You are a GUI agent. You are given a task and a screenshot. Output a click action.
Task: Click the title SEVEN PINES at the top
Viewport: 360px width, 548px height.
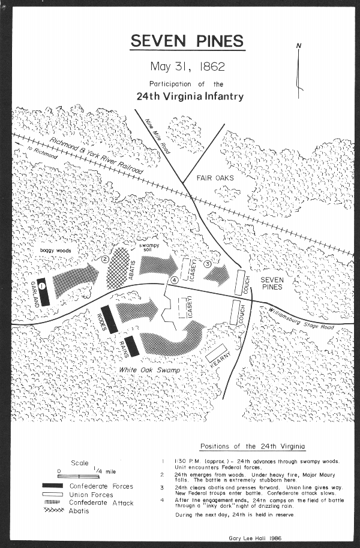(187, 41)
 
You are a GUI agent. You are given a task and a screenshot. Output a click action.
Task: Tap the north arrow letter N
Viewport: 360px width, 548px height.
(299, 46)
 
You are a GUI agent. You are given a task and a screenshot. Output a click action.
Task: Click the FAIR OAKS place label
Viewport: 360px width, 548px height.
(215, 178)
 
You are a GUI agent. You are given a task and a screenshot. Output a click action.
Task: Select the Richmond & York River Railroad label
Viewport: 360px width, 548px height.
(96, 156)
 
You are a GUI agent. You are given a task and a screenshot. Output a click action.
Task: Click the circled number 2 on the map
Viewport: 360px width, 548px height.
(104, 260)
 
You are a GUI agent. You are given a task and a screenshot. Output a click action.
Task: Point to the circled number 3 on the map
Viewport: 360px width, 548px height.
(208, 264)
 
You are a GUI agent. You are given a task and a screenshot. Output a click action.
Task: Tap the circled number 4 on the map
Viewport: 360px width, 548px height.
(175, 279)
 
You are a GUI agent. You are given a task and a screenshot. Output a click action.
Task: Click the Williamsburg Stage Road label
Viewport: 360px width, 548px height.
(301, 319)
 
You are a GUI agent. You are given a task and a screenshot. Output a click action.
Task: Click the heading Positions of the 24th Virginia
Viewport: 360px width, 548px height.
(252, 447)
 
